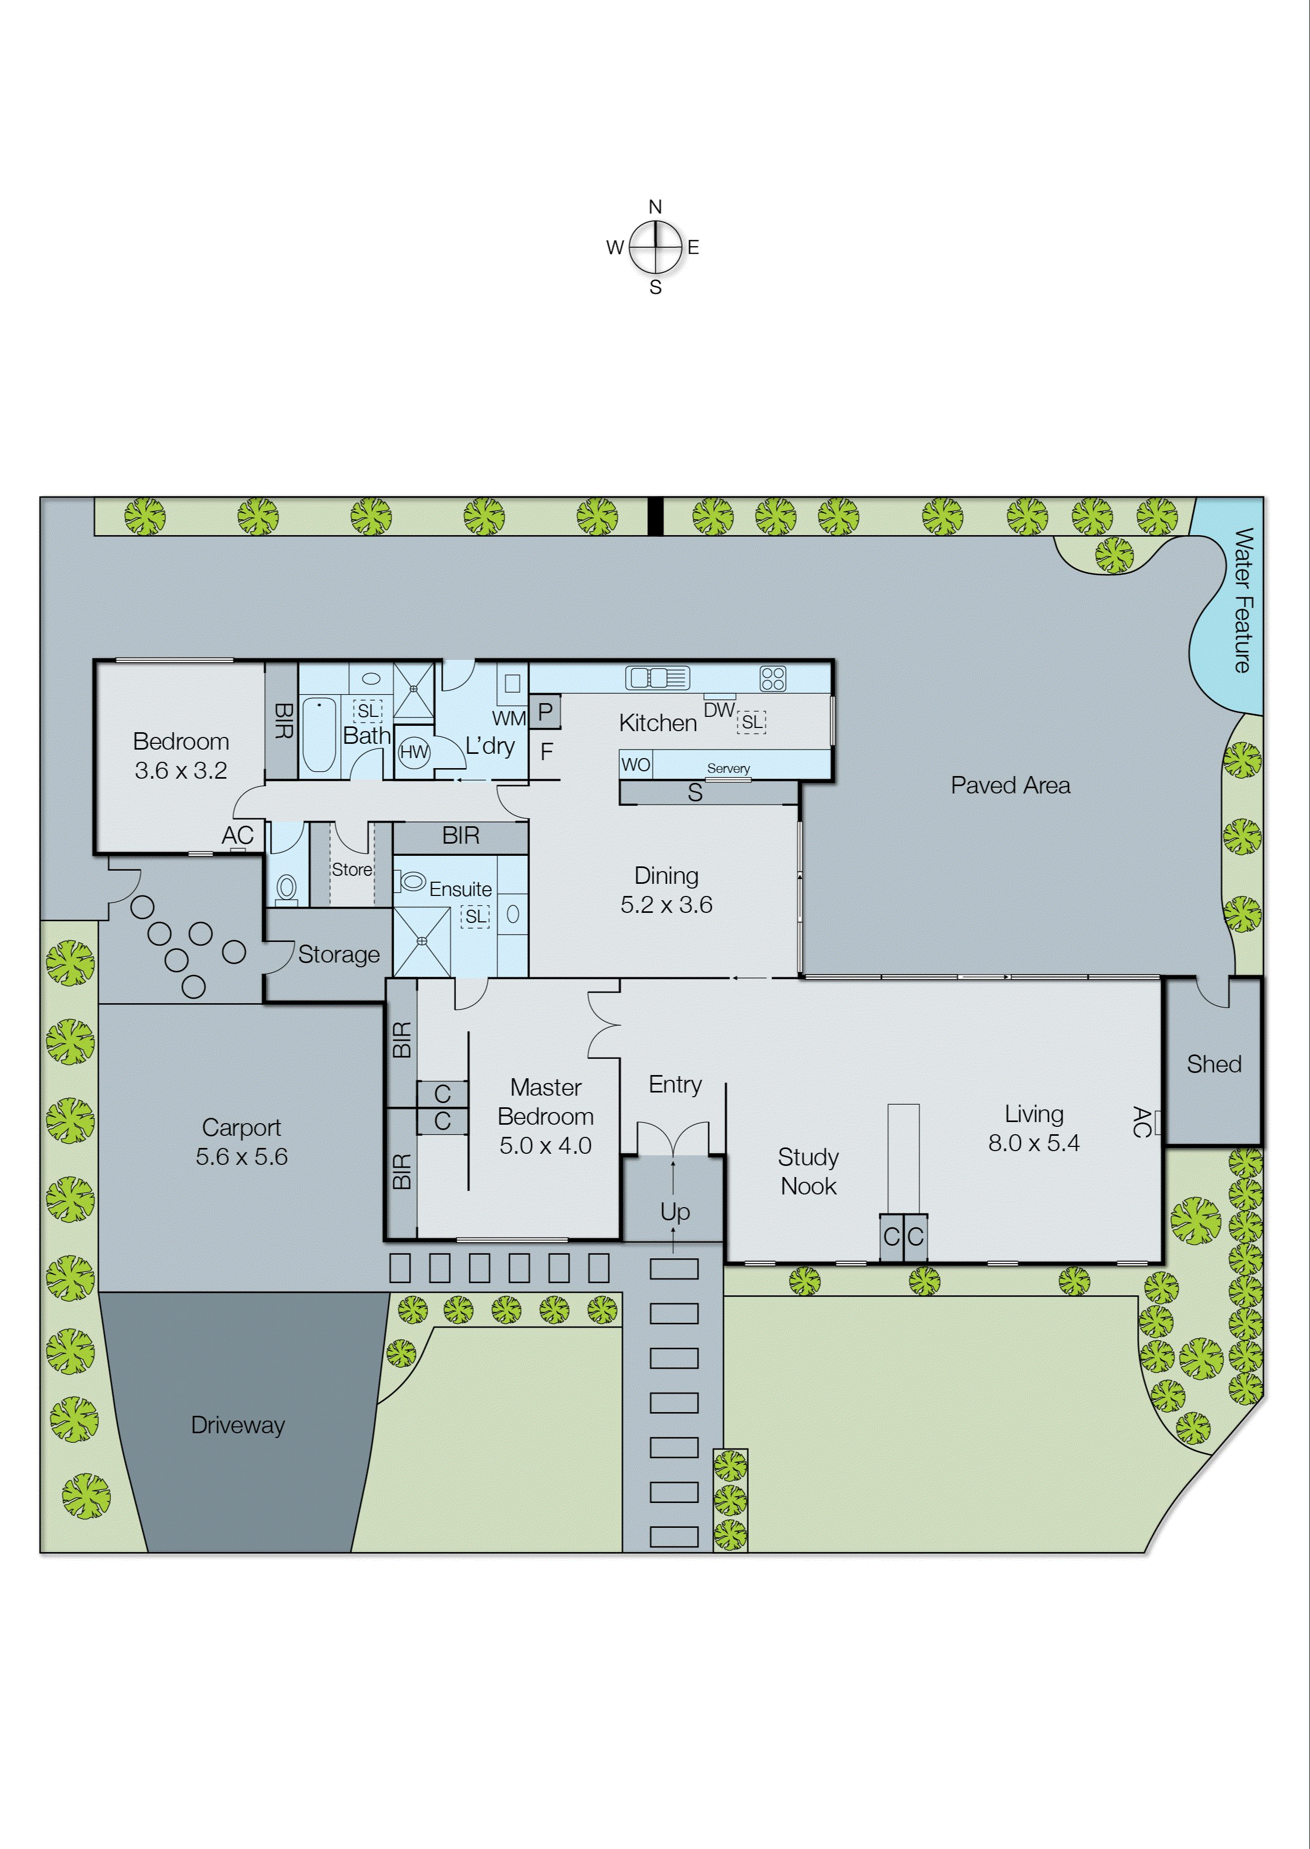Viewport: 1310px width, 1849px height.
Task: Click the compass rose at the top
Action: (x=655, y=247)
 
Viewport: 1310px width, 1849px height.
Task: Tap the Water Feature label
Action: (x=1243, y=600)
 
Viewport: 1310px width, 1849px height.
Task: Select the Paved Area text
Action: (x=1010, y=786)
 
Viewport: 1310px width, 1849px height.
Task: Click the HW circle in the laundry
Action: (x=414, y=752)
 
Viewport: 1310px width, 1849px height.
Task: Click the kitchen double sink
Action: (x=657, y=678)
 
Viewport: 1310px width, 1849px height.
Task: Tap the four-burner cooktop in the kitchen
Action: (x=772, y=678)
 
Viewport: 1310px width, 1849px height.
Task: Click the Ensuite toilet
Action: (x=410, y=881)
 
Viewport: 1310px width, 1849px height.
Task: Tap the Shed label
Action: (x=1213, y=1064)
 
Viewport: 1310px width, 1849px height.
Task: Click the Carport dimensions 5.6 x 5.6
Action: (x=241, y=1156)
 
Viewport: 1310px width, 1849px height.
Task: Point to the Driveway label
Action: (x=238, y=1425)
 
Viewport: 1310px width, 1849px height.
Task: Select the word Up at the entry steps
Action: (x=675, y=1211)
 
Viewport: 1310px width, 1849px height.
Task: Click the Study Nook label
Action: (x=809, y=1172)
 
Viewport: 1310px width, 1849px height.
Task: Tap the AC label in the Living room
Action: (x=1140, y=1122)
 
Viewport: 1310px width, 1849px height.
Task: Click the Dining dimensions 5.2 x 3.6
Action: (x=666, y=905)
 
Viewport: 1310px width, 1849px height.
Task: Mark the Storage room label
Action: (x=339, y=955)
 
